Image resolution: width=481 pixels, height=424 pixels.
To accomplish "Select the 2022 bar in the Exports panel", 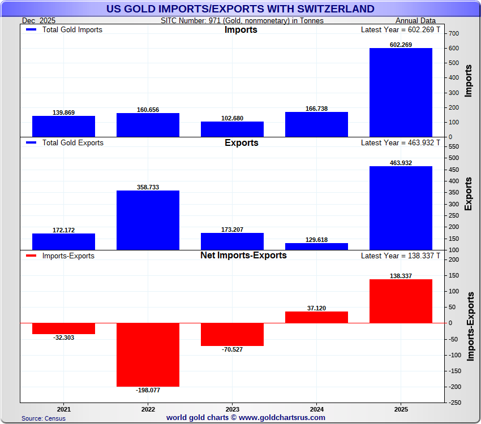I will coord(148,220).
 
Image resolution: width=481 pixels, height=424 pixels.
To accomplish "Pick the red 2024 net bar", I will coord(316,317).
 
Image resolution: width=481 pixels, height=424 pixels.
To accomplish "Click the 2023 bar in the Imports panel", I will coord(232,129).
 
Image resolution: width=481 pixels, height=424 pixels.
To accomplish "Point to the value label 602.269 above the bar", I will coord(401,45).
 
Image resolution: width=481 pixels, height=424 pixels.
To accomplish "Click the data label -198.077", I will coord(148,390).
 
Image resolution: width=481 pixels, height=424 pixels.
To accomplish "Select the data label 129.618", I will coord(316,240).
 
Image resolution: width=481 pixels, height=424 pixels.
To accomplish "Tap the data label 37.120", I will coord(316,308).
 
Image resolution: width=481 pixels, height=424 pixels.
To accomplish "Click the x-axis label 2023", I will coord(232,409).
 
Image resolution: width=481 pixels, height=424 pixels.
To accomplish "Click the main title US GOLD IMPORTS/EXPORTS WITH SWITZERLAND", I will coord(240,8).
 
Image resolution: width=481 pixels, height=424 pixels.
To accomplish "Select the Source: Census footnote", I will coord(44,418).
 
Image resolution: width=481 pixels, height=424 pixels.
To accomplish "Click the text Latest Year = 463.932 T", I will coord(401,142).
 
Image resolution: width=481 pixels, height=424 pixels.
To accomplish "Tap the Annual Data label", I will coord(415,20).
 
